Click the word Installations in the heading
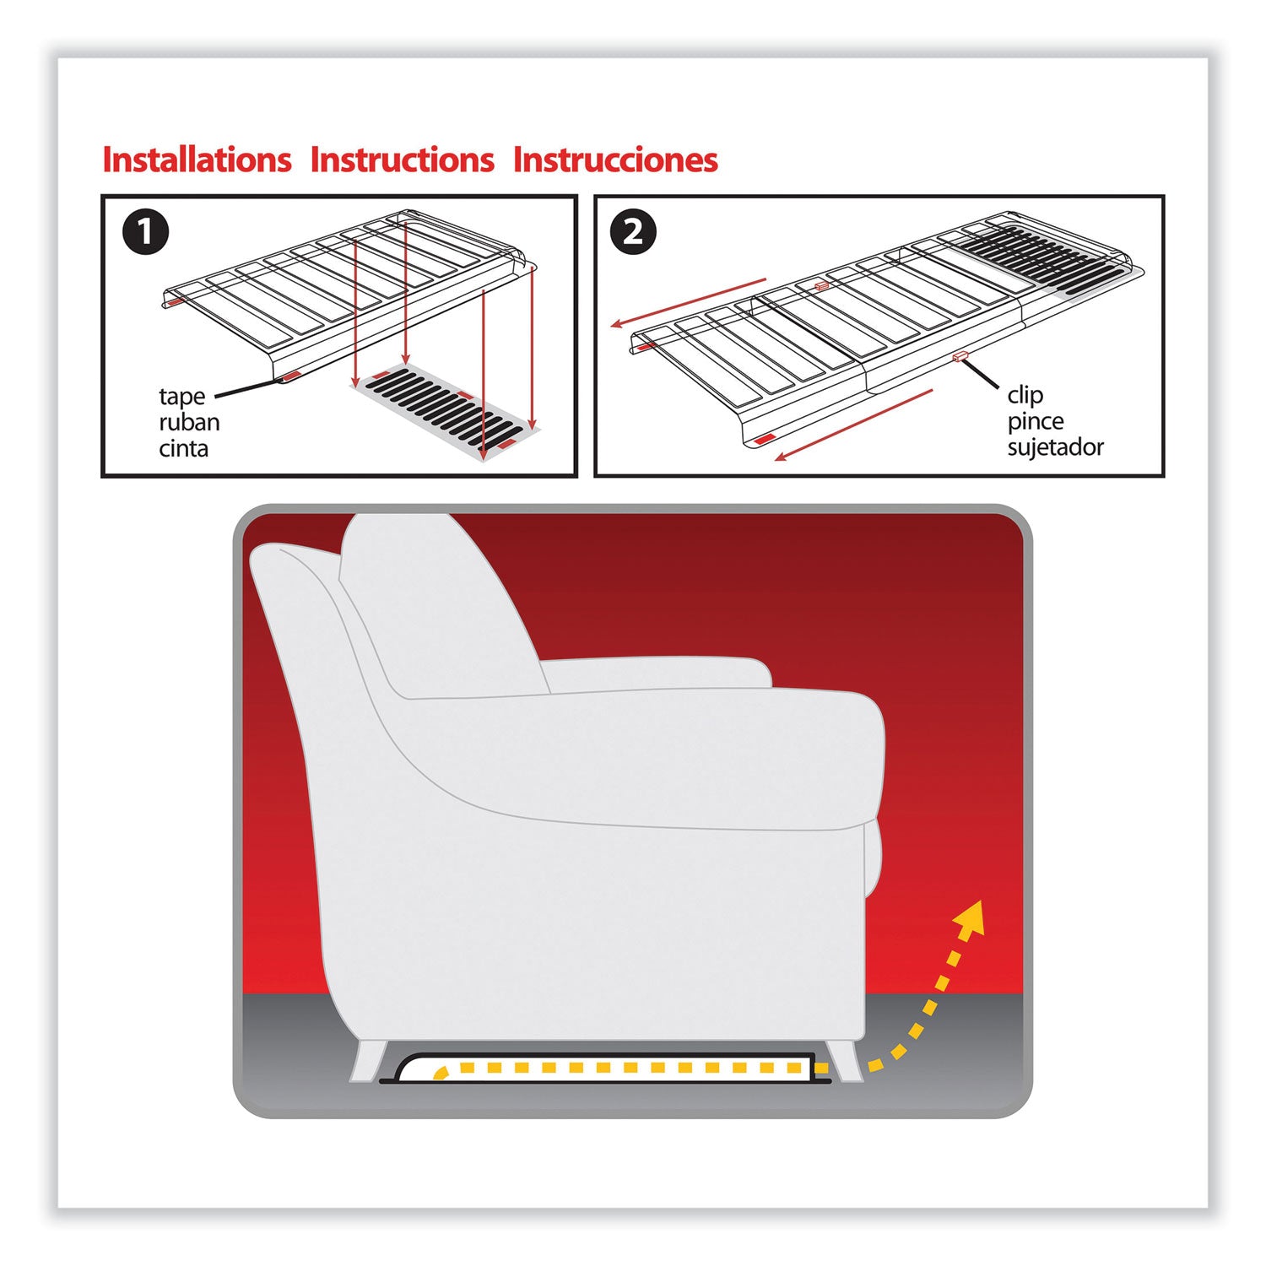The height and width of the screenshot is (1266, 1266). coord(197,160)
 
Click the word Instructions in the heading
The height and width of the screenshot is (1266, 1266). coord(402,160)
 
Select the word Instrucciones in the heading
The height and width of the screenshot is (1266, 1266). coord(615,160)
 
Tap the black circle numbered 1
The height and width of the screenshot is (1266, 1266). coord(145,232)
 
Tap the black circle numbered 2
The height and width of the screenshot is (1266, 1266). coord(633,232)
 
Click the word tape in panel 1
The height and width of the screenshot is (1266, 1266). coord(181,397)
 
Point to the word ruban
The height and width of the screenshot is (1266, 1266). coord(189,422)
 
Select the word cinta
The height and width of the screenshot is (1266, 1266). coord(183,448)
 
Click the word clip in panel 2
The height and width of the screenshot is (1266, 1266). coord(1025,395)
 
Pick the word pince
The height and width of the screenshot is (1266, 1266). coord(1035,421)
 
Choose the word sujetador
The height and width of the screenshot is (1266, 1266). coord(1055,446)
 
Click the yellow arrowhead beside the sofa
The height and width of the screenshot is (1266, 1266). coord(972,917)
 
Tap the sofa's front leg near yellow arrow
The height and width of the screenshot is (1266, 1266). coord(844,1060)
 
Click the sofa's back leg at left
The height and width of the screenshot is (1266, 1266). coord(369,1060)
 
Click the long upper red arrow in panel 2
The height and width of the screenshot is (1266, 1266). coord(688,302)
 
